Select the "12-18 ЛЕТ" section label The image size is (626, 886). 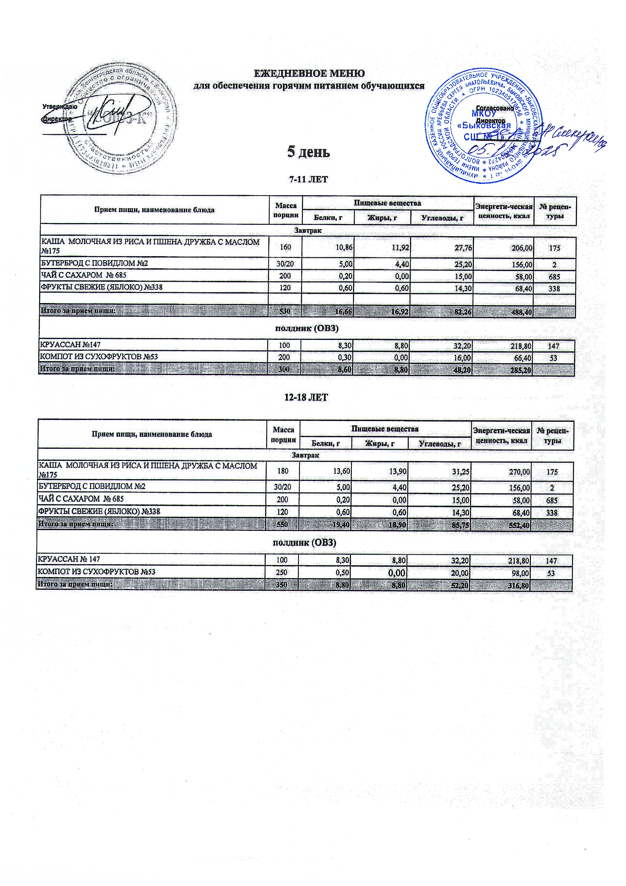click(x=306, y=398)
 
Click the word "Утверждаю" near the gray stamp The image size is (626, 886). click(x=60, y=107)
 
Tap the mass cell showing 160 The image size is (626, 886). click(x=285, y=248)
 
